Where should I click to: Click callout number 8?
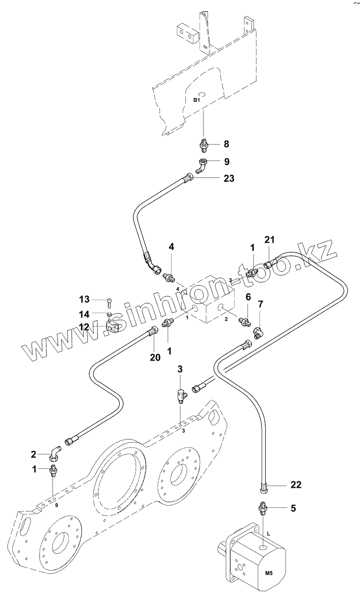pyautogui.click(x=226, y=144)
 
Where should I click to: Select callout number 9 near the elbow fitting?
pyautogui.click(x=226, y=161)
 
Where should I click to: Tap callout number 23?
pyautogui.click(x=229, y=178)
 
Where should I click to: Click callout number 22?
pyautogui.click(x=296, y=485)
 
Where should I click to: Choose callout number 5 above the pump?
pyautogui.click(x=293, y=507)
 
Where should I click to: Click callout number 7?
pyautogui.click(x=260, y=304)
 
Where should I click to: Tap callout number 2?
pyautogui.click(x=33, y=454)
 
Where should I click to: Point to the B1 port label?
pyautogui.click(x=197, y=101)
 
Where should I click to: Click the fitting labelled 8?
pyautogui.click(x=203, y=144)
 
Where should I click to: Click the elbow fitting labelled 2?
pyautogui.click(x=55, y=453)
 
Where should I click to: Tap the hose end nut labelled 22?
pyautogui.click(x=263, y=488)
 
